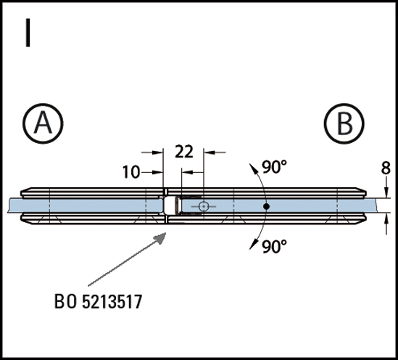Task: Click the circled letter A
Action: point(43,123)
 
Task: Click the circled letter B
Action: point(344,123)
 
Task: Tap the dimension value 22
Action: point(184,152)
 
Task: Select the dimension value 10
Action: point(131,172)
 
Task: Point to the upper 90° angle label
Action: point(274,167)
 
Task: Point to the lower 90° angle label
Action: point(274,247)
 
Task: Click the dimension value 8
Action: point(386,168)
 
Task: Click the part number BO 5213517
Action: point(98,301)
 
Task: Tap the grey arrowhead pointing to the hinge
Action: point(160,238)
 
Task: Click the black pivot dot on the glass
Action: point(266,207)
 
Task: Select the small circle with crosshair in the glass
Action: point(203,207)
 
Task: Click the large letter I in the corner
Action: point(28,33)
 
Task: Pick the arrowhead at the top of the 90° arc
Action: point(253,168)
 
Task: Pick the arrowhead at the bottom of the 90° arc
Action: point(253,245)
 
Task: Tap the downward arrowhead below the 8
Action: point(386,192)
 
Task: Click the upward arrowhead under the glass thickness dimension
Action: point(386,218)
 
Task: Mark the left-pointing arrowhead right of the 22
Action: point(210,152)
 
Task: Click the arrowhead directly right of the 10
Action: point(157,172)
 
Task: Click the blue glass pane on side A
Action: point(85,205)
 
